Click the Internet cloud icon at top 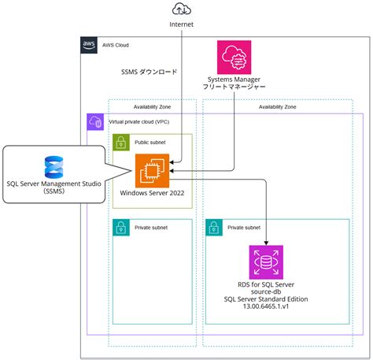181,9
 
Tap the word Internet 181,25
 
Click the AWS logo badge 90,45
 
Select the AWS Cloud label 117,45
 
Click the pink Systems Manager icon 234,57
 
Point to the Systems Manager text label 234,80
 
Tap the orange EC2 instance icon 152,170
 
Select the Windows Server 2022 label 153,192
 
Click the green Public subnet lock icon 120,143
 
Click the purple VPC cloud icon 94,122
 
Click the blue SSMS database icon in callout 54,166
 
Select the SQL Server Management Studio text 53,184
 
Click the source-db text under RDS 265,291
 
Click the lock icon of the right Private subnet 212,228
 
